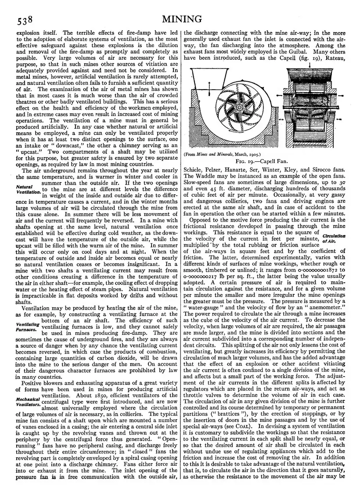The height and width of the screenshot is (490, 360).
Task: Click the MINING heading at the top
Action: pyautogui.click(x=182, y=19)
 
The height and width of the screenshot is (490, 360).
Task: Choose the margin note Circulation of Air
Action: pyautogui.click(x=334, y=238)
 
